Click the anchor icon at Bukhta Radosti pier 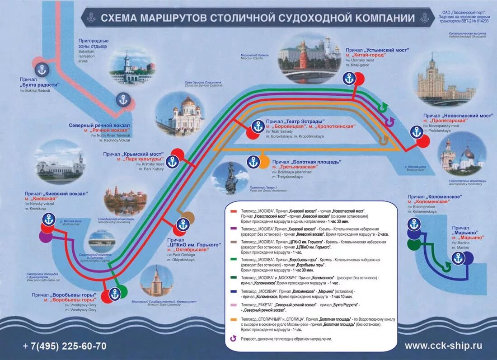click(x=42, y=70)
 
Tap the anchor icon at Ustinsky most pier click(x=349, y=79)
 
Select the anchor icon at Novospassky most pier click(x=417, y=132)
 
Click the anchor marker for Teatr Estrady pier click(x=258, y=126)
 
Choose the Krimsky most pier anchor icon click(x=173, y=161)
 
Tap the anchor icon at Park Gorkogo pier click(x=183, y=224)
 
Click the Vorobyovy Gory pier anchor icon click(x=115, y=294)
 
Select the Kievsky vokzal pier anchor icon click(x=49, y=220)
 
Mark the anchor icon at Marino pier click(x=459, y=258)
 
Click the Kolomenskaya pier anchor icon click(x=414, y=224)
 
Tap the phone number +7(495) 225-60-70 click(x=65, y=346)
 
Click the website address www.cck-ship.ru click(x=443, y=346)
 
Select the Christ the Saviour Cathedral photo click(x=181, y=113)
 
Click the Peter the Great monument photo click(x=230, y=178)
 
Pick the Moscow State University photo click(x=157, y=281)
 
